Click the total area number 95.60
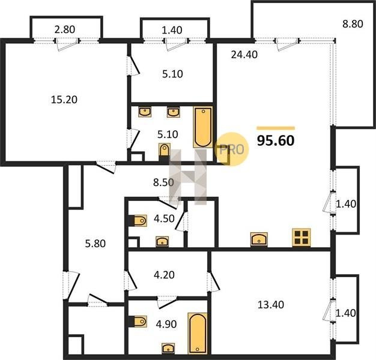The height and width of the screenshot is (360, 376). point(276,141)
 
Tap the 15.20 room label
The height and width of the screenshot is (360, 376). point(64,100)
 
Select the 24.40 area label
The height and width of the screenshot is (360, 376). point(244,55)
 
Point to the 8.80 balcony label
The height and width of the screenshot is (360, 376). point(353,24)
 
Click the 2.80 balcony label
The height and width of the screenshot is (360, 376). point(65,29)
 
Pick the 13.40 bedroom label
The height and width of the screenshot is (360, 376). point(271,305)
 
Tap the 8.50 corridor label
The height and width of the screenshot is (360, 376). point(163,182)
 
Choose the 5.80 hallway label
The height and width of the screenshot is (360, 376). point(95,244)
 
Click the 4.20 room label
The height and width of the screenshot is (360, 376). point(164,275)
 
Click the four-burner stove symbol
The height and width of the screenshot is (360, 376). point(301,238)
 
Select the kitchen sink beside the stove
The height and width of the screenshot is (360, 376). point(259,239)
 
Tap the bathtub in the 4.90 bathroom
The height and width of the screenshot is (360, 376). point(198,333)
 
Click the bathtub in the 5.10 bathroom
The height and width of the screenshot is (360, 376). point(203,127)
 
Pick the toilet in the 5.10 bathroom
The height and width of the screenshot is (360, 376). point(165,151)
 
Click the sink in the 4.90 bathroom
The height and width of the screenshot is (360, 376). point(168,348)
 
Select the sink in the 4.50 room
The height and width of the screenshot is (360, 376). point(162,241)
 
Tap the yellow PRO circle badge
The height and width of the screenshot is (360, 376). point(232,149)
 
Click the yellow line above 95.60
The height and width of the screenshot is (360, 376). point(276,128)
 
